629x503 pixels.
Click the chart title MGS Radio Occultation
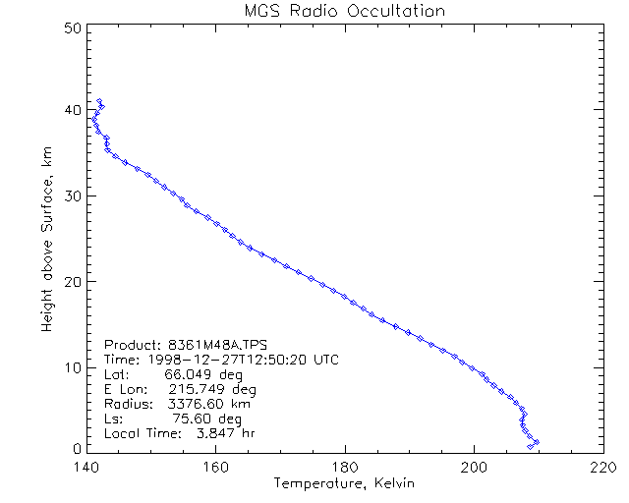click(344, 12)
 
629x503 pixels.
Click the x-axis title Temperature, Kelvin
click(344, 483)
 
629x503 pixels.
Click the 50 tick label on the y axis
click(70, 28)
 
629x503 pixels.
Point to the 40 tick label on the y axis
click(70, 111)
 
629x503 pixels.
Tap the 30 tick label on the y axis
click(70, 196)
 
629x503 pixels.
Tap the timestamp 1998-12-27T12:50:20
click(226, 360)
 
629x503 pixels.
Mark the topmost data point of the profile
click(99, 101)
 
